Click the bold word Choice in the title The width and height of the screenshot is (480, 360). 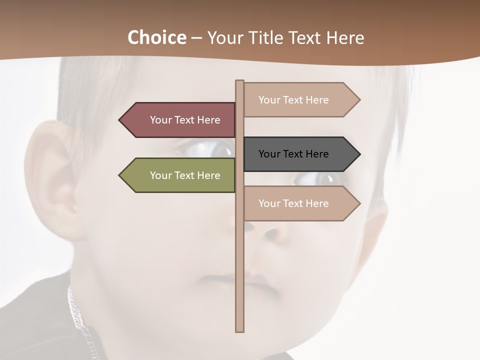click(x=156, y=37)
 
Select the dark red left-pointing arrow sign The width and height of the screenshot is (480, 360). click(x=180, y=120)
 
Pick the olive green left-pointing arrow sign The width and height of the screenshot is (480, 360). click(x=180, y=175)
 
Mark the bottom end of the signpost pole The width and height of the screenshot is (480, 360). click(x=240, y=330)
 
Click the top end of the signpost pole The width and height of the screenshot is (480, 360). click(x=240, y=81)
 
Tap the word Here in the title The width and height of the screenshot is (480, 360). click(x=345, y=38)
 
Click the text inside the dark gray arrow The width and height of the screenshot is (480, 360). click(x=293, y=154)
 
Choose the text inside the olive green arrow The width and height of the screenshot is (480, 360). click(x=185, y=175)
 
